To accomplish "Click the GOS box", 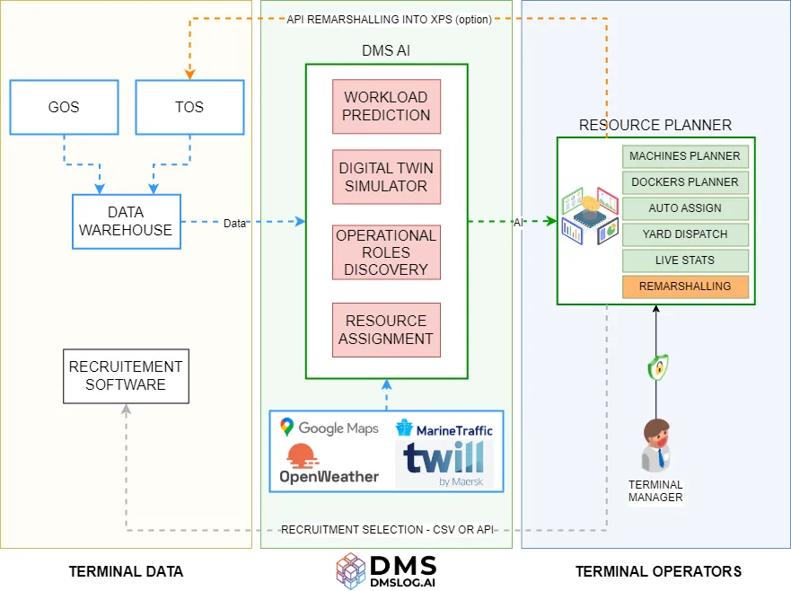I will (x=64, y=108).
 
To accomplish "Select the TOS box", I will (x=189, y=108).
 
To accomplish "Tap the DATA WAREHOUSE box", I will (x=126, y=221).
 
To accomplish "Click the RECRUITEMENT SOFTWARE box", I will (x=126, y=375).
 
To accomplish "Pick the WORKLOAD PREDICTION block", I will (x=386, y=106).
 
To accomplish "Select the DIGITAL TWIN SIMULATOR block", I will (x=386, y=177).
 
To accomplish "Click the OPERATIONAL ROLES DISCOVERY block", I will (x=386, y=252).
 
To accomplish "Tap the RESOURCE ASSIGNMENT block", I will (x=386, y=330).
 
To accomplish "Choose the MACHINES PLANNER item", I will (x=685, y=156).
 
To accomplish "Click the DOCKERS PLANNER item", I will (x=685, y=182).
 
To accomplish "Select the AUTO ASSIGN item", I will (x=685, y=208).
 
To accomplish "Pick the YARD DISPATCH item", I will (x=685, y=234).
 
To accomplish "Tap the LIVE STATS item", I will (x=685, y=260).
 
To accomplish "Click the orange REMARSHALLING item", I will (x=685, y=287).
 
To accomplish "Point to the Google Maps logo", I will (x=329, y=428).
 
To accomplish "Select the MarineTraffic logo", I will (x=444, y=428).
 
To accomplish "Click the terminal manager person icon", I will (x=656, y=445).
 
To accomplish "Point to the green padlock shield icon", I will (x=658, y=367).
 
